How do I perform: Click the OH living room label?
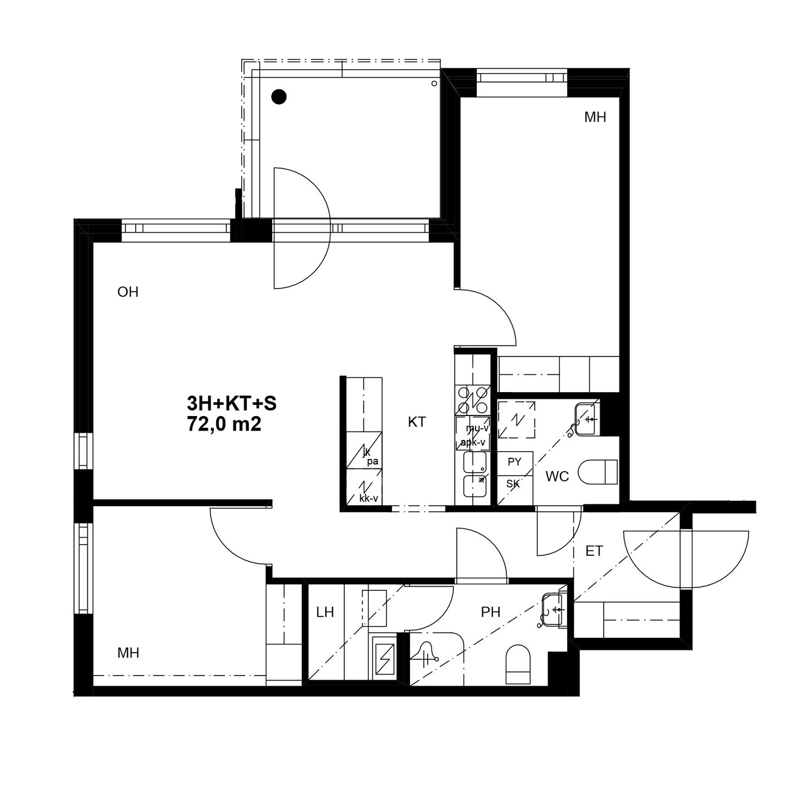(128, 292)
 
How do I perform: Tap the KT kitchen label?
(417, 422)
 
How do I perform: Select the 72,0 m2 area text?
(224, 424)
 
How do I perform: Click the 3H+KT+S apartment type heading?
(232, 403)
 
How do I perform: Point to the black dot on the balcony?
(279, 97)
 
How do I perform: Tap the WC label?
(557, 477)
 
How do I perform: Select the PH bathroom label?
(491, 612)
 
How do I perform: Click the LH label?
(325, 612)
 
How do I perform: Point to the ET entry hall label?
(594, 551)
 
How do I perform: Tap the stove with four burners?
(473, 399)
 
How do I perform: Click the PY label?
(515, 462)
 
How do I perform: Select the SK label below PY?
(513, 483)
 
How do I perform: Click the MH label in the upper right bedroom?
(595, 118)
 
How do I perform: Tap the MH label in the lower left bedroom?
(128, 653)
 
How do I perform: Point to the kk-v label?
(369, 498)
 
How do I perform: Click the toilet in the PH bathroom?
(518, 664)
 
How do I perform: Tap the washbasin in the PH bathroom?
(554, 610)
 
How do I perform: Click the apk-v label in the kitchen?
(473, 442)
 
